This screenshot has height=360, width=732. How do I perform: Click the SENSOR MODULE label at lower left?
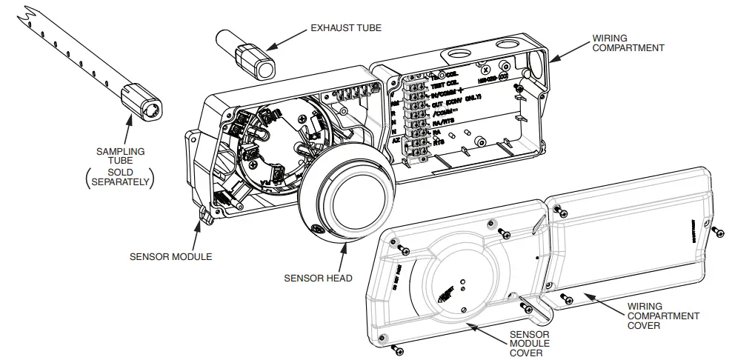click(x=170, y=257)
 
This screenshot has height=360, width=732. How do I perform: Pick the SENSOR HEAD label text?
click(x=318, y=279)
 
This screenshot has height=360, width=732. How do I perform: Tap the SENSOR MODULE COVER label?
click(x=530, y=343)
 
